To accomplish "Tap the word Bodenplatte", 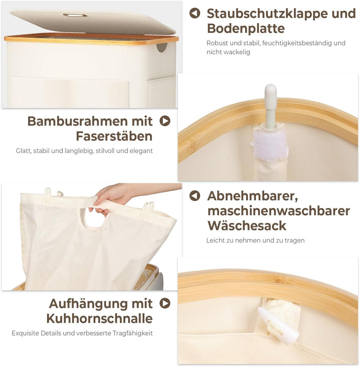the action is point(246,28).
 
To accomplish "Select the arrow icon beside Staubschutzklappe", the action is point(194,13).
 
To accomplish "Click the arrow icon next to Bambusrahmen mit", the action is point(165,121).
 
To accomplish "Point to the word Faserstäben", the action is point(114,136).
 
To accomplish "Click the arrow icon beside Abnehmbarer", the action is point(194,195).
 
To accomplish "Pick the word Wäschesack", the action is point(247,226).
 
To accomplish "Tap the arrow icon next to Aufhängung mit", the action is point(165,303).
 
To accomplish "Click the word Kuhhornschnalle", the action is point(99,318).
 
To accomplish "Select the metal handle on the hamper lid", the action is point(75,15).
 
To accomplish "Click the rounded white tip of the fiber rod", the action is point(270,89).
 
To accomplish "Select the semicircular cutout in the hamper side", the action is point(162,47).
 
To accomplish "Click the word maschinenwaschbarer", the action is point(278,211).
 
